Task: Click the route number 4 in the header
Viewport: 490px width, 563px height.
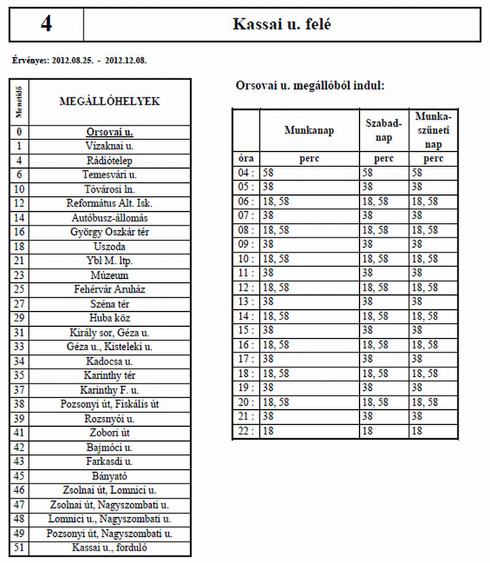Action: pos(46,24)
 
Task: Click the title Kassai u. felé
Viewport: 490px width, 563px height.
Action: pos(282,24)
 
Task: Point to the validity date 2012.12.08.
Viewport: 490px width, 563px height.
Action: pos(126,61)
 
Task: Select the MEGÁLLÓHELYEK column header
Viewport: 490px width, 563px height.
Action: pos(110,102)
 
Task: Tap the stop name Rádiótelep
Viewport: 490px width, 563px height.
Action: pos(110,161)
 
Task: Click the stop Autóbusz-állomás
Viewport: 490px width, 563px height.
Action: pos(110,218)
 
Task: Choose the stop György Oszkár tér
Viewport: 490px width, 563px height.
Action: pos(110,232)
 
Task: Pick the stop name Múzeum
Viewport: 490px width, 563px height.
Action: pos(110,275)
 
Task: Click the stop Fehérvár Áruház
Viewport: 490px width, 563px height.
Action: pos(110,289)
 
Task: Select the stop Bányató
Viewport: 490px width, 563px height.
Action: pos(110,476)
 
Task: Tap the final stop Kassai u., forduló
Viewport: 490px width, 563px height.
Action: pos(110,548)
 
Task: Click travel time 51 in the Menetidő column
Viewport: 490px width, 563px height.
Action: pos(20,548)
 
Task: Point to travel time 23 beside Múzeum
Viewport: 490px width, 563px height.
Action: pos(20,275)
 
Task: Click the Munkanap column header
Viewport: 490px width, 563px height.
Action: pos(309,130)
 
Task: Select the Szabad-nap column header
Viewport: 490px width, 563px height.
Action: pos(384,130)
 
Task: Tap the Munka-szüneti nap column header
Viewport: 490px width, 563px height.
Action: pos(434,130)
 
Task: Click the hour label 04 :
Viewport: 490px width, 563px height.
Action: pos(246,174)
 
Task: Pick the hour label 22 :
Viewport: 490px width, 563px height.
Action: pos(246,432)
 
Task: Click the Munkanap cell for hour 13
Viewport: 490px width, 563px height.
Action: pos(309,302)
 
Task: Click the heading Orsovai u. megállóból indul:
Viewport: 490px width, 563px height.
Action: pos(310,86)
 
